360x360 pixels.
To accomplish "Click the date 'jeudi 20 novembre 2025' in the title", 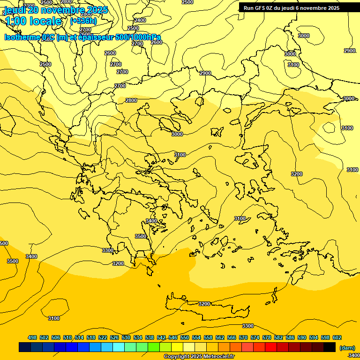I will click(x=56, y=10).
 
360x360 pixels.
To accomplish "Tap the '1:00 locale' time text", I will click(x=33, y=21).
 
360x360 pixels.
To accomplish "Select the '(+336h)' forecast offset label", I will click(x=83, y=21).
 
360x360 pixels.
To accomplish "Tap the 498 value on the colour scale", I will click(x=32, y=337).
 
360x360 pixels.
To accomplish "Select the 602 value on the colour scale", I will click(x=337, y=337).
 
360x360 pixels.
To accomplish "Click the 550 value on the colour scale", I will click(x=185, y=337).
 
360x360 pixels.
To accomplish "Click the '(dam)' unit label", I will click(x=347, y=348).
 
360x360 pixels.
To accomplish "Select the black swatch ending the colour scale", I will click(x=330, y=347).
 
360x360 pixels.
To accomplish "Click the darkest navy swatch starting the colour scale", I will click(x=25, y=347).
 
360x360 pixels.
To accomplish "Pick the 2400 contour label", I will click(x=140, y=20).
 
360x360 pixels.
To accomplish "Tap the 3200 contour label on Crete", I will click(x=204, y=304).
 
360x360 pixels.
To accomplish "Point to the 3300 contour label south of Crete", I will click(x=247, y=326).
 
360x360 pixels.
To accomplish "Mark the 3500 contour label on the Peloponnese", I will click(x=141, y=236).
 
